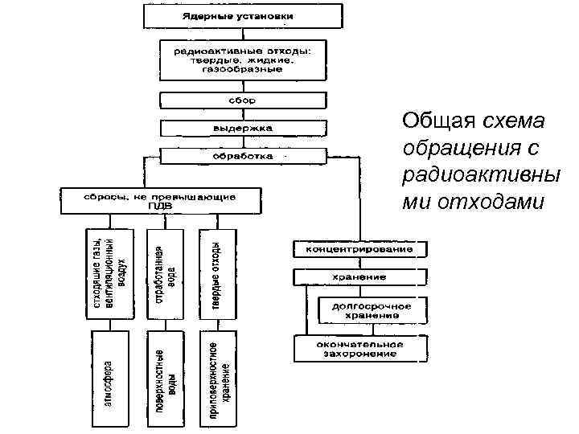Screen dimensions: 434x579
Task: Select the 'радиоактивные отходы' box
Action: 243,59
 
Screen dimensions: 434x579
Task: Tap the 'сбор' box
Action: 243,101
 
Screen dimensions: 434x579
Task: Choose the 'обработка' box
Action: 243,155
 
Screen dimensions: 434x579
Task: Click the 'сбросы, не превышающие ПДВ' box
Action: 161,199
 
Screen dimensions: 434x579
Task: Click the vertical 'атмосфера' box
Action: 109,373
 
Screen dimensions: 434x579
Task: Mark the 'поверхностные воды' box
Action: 165,373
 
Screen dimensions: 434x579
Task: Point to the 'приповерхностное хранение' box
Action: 219,373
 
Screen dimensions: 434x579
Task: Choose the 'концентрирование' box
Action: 359,249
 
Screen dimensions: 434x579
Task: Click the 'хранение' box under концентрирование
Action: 359,277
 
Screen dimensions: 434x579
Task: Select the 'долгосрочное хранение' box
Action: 367,310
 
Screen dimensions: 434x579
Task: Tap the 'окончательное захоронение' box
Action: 359,348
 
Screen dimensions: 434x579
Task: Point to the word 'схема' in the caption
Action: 514,121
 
